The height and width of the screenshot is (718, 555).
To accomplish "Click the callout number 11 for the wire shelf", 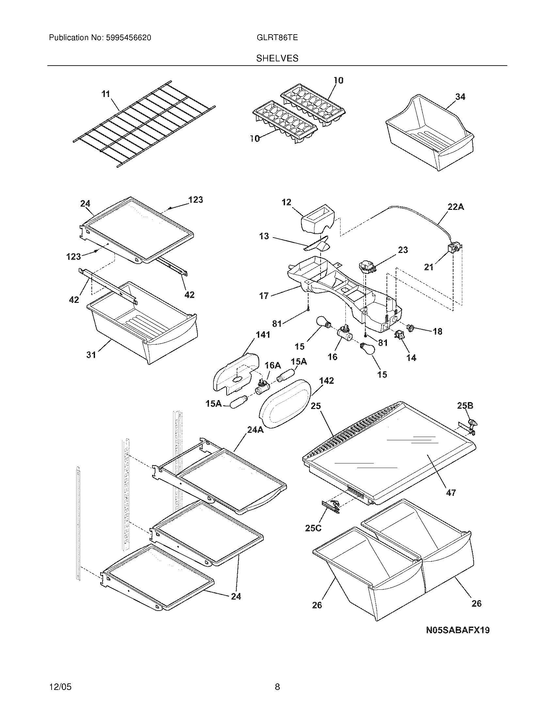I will tap(105, 94).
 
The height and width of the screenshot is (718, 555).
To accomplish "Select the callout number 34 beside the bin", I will tap(460, 97).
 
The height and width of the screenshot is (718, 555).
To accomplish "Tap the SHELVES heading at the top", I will tap(277, 58).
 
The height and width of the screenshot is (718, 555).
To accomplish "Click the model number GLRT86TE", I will tap(277, 38).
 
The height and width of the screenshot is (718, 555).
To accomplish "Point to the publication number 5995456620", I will tap(128, 38).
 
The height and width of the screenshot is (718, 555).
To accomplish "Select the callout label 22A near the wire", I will tap(456, 207).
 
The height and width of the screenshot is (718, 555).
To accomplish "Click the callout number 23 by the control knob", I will tap(403, 250).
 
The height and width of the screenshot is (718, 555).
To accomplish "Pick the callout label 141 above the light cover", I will tap(263, 335).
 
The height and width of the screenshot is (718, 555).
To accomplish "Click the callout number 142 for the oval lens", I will tap(326, 381).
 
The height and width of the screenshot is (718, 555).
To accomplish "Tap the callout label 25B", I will tap(465, 406).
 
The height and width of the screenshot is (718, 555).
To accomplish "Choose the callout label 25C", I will tap(313, 528).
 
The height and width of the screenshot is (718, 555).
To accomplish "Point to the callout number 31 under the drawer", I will tap(91, 355).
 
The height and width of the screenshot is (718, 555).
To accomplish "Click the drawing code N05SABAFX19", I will tap(458, 630).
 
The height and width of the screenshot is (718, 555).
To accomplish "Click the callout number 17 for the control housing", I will tap(264, 296).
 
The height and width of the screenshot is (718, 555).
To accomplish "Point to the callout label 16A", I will tap(273, 365).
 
